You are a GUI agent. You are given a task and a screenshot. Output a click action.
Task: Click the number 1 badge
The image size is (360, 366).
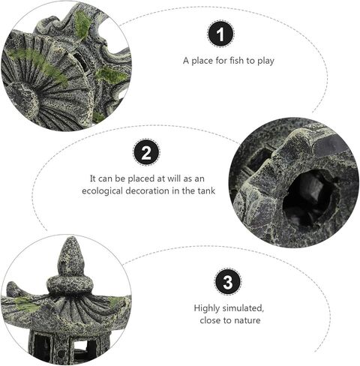[220, 34]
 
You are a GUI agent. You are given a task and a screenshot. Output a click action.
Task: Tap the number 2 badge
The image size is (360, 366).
[146, 152]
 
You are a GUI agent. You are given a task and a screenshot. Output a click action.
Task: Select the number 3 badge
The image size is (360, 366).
[228, 282]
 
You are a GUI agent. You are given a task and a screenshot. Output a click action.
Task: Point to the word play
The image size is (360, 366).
[265, 61]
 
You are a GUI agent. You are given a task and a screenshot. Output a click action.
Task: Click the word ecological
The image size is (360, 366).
[103, 191]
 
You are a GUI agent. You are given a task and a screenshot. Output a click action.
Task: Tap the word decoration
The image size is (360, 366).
[147, 190]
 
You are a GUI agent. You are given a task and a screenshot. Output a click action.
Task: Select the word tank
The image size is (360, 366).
[206, 190]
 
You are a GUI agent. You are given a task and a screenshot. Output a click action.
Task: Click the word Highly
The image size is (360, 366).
[207, 308]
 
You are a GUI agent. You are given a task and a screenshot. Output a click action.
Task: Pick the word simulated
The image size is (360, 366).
[243, 308]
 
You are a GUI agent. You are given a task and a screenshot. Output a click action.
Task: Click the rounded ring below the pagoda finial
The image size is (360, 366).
[70, 285]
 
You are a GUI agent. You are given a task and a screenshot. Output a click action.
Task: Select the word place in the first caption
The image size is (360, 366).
[202, 61]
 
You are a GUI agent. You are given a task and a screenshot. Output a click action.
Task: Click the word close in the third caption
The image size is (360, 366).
[211, 320]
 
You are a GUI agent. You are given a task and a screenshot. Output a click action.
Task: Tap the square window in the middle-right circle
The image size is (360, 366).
[259, 159]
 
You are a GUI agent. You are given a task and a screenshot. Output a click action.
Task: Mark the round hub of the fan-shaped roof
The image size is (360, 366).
[23, 99]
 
